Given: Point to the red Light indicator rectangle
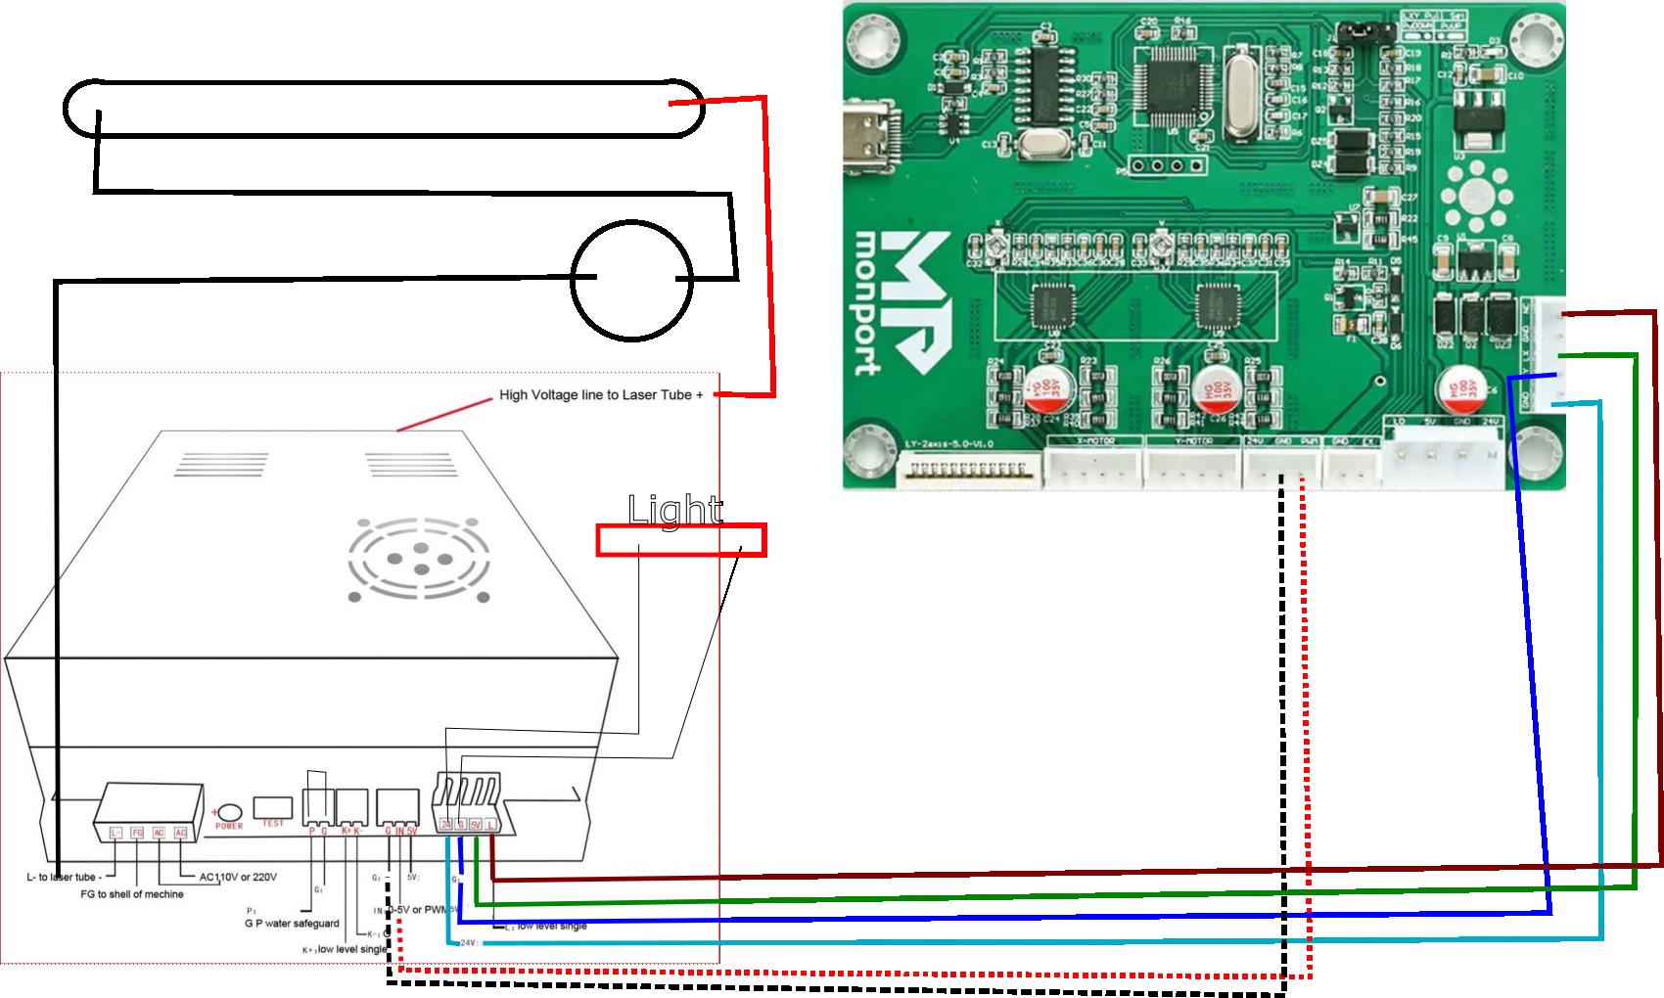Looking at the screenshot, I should [681, 540].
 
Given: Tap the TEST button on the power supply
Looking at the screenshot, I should [272, 808].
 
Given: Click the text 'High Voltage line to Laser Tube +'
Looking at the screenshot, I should [601, 395].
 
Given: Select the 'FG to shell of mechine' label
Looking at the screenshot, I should [132, 894].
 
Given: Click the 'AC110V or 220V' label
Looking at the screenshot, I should [238, 877].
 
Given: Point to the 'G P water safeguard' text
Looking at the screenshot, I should [292, 923].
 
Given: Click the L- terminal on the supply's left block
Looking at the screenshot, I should [116, 833].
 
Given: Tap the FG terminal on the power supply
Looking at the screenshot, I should [137, 833].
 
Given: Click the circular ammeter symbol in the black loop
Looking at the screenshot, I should [631, 280].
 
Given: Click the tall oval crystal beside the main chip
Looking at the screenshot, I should [1241, 94].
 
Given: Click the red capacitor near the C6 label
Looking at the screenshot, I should [1461, 388].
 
